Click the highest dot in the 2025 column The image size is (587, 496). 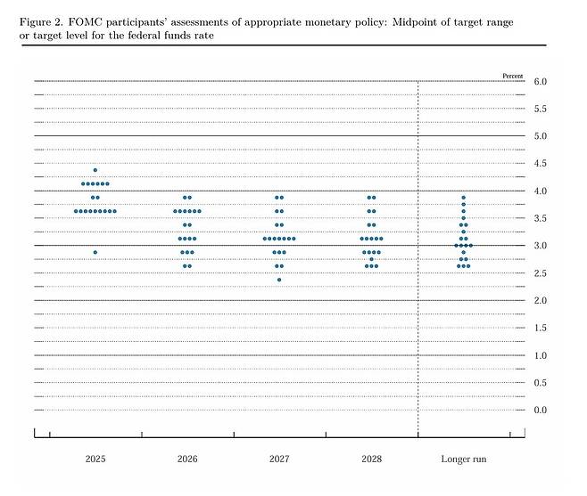tap(95, 170)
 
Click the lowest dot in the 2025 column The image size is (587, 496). tap(95, 252)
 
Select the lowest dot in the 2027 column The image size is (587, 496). tap(279, 280)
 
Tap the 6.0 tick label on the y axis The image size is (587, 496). tap(541, 82)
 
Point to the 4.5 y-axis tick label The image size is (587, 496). tap(541, 164)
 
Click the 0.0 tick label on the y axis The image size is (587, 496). tap(541, 410)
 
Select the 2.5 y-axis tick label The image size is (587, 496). tap(541, 273)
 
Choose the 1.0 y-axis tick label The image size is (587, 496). tap(541, 355)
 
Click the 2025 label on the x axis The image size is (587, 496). tap(95, 459)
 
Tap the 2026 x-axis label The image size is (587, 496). tap(187, 459)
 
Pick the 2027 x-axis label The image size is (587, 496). tap(279, 459)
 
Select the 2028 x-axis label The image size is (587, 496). tap(371, 459)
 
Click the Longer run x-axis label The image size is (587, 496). tap(463, 459)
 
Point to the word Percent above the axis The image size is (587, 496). tap(513, 75)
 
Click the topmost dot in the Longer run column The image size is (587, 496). tap(463, 198)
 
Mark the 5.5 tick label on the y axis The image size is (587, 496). tap(541, 110)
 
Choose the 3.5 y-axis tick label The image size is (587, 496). tap(541, 218)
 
